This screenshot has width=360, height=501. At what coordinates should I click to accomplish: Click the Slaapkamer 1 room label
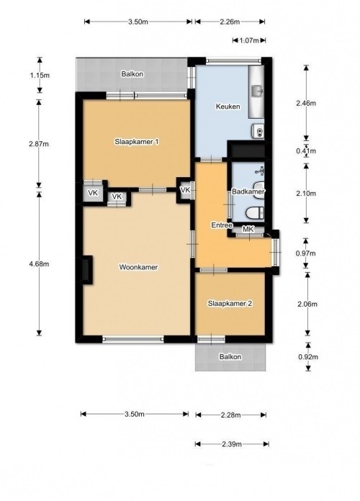pyautogui.click(x=137, y=142)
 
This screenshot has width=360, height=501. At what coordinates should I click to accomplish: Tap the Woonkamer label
pyautogui.click(x=138, y=267)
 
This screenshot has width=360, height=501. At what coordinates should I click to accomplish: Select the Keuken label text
pyautogui.click(x=228, y=106)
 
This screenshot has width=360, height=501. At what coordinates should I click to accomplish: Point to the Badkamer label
pyautogui.click(x=248, y=191)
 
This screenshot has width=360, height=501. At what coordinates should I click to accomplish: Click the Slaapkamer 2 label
pyautogui.click(x=230, y=304)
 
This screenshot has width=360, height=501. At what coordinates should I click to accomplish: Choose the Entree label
pyautogui.click(x=222, y=225)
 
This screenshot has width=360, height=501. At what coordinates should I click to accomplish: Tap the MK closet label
pyautogui.click(x=248, y=229)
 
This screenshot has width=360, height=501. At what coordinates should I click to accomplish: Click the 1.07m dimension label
pyautogui.click(x=248, y=40)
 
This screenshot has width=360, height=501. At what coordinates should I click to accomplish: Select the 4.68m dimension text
pyautogui.click(x=39, y=264)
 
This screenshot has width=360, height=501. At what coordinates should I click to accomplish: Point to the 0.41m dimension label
pyautogui.click(x=306, y=151)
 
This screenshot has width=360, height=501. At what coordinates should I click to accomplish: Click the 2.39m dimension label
pyautogui.click(x=231, y=444)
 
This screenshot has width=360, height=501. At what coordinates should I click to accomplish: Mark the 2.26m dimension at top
pyautogui.click(x=230, y=22)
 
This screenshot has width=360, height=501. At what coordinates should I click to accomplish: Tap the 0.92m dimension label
pyautogui.click(x=308, y=357)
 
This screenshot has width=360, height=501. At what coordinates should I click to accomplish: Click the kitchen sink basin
pyautogui.click(x=257, y=91)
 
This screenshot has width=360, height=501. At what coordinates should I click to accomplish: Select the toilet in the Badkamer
pyautogui.click(x=256, y=212)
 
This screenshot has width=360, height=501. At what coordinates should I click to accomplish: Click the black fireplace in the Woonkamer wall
pyautogui.click(x=87, y=270)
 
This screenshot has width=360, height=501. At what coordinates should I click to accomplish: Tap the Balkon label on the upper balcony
pyautogui.click(x=132, y=74)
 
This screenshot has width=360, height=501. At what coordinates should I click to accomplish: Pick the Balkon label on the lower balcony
pyautogui.click(x=230, y=357)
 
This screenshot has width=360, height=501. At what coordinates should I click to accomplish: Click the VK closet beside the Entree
pyautogui.click(x=186, y=191)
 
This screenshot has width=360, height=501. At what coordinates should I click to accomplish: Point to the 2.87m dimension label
pyautogui.click(x=39, y=144)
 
